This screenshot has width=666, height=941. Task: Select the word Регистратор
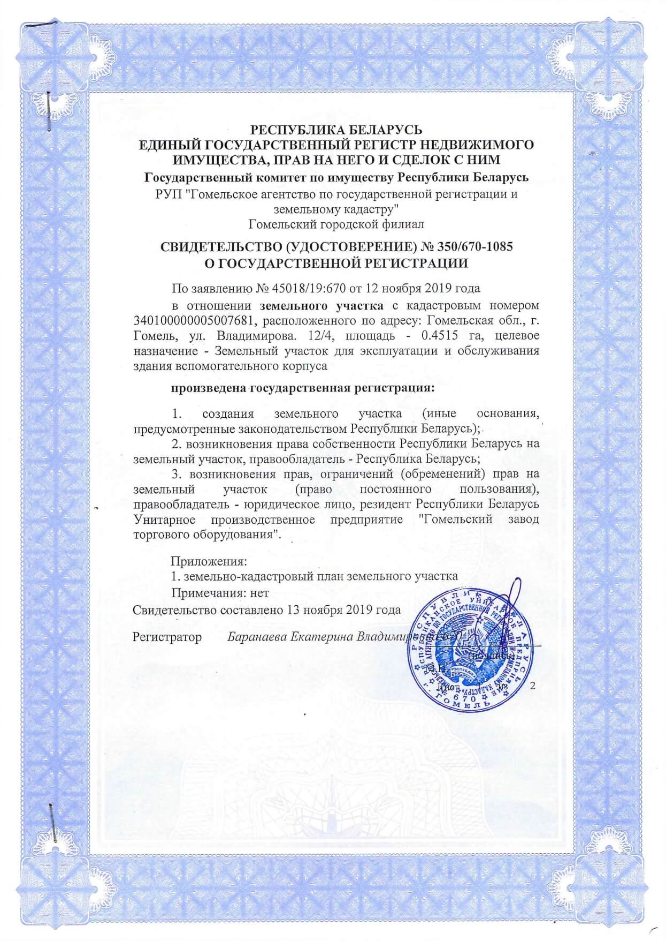click(x=167, y=637)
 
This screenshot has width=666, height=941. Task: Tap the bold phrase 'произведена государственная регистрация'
click(x=302, y=388)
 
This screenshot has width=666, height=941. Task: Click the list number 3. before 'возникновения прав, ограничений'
click(x=177, y=474)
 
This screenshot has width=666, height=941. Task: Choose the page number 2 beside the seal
click(x=532, y=686)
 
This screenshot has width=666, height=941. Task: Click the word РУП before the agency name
click(x=167, y=194)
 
